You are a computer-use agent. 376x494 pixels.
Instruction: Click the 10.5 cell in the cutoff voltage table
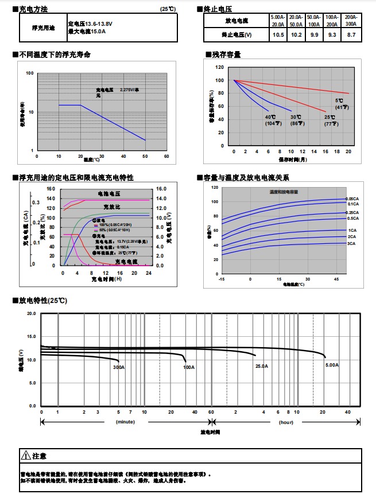click(278, 35)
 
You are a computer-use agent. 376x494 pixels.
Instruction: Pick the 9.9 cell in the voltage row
click(314, 35)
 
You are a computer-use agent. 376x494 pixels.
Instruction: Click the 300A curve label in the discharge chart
click(119, 367)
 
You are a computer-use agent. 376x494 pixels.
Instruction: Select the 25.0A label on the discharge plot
click(262, 365)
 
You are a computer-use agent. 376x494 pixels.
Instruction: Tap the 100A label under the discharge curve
click(189, 366)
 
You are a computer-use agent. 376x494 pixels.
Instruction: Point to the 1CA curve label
click(352, 230)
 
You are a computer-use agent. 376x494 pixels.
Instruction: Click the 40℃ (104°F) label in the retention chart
click(270, 120)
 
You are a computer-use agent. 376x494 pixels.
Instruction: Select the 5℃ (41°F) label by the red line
click(342, 104)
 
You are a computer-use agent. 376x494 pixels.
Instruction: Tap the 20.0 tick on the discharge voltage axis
click(31, 314)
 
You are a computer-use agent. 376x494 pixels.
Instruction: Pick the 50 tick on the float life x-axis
click(145, 155)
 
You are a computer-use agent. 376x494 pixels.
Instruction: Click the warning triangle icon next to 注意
click(25, 456)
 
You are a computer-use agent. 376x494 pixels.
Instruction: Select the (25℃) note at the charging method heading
click(169, 10)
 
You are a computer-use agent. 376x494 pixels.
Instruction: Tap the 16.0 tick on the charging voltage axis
click(161, 189)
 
